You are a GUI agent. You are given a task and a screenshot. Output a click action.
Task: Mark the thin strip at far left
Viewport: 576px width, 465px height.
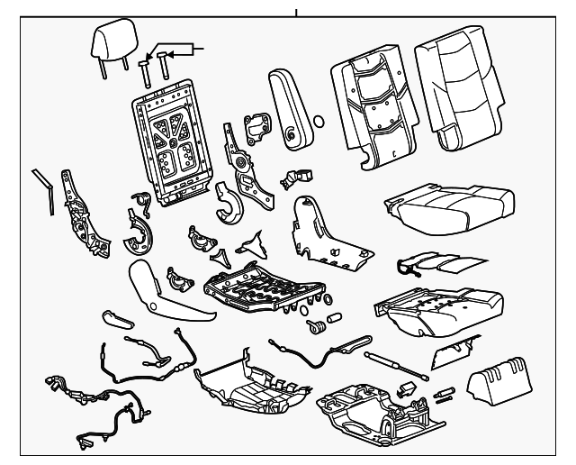[x=44, y=189]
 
